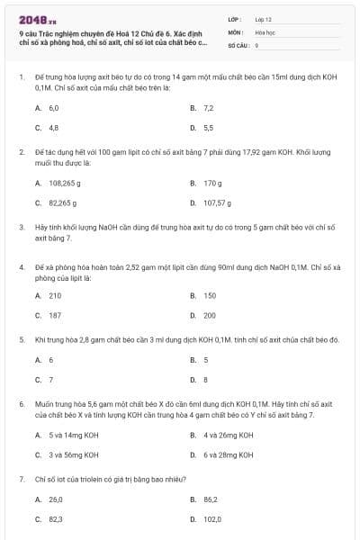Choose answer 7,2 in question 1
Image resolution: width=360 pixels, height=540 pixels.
click(208, 107)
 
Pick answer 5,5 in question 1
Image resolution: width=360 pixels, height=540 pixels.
click(208, 128)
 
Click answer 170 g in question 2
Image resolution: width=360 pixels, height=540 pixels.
click(212, 183)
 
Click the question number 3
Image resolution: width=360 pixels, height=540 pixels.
click(21, 228)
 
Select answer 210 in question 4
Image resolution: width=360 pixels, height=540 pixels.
click(55, 295)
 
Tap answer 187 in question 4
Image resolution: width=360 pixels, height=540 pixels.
click(55, 316)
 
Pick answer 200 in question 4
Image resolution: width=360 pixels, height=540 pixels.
click(210, 316)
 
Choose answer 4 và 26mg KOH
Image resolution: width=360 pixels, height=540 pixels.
click(229, 435)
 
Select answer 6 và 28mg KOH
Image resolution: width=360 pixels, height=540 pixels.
click(229, 455)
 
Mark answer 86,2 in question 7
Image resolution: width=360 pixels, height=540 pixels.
click(211, 499)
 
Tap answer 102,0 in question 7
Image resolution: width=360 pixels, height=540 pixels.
click(212, 519)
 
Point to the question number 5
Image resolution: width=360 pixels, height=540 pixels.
click(21, 339)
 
